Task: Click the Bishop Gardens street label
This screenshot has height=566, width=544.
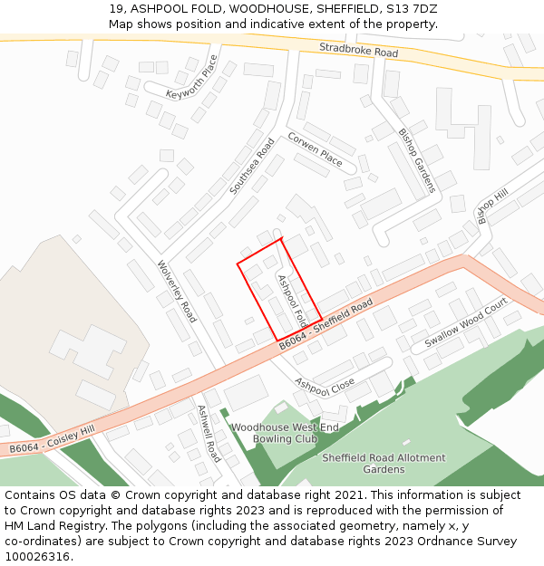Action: coord(417,160)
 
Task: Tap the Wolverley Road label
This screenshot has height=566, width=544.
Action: coord(177,292)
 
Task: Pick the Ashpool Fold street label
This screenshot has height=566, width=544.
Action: coord(291,302)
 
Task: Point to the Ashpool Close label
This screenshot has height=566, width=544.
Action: coord(325,386)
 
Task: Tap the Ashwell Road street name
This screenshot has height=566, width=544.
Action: coord(209,433)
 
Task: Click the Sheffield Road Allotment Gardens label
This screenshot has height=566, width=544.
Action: coord(384,464)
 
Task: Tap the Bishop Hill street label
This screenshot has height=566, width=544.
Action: coord(494,207)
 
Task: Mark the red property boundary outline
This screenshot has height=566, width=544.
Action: coord(238,264)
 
